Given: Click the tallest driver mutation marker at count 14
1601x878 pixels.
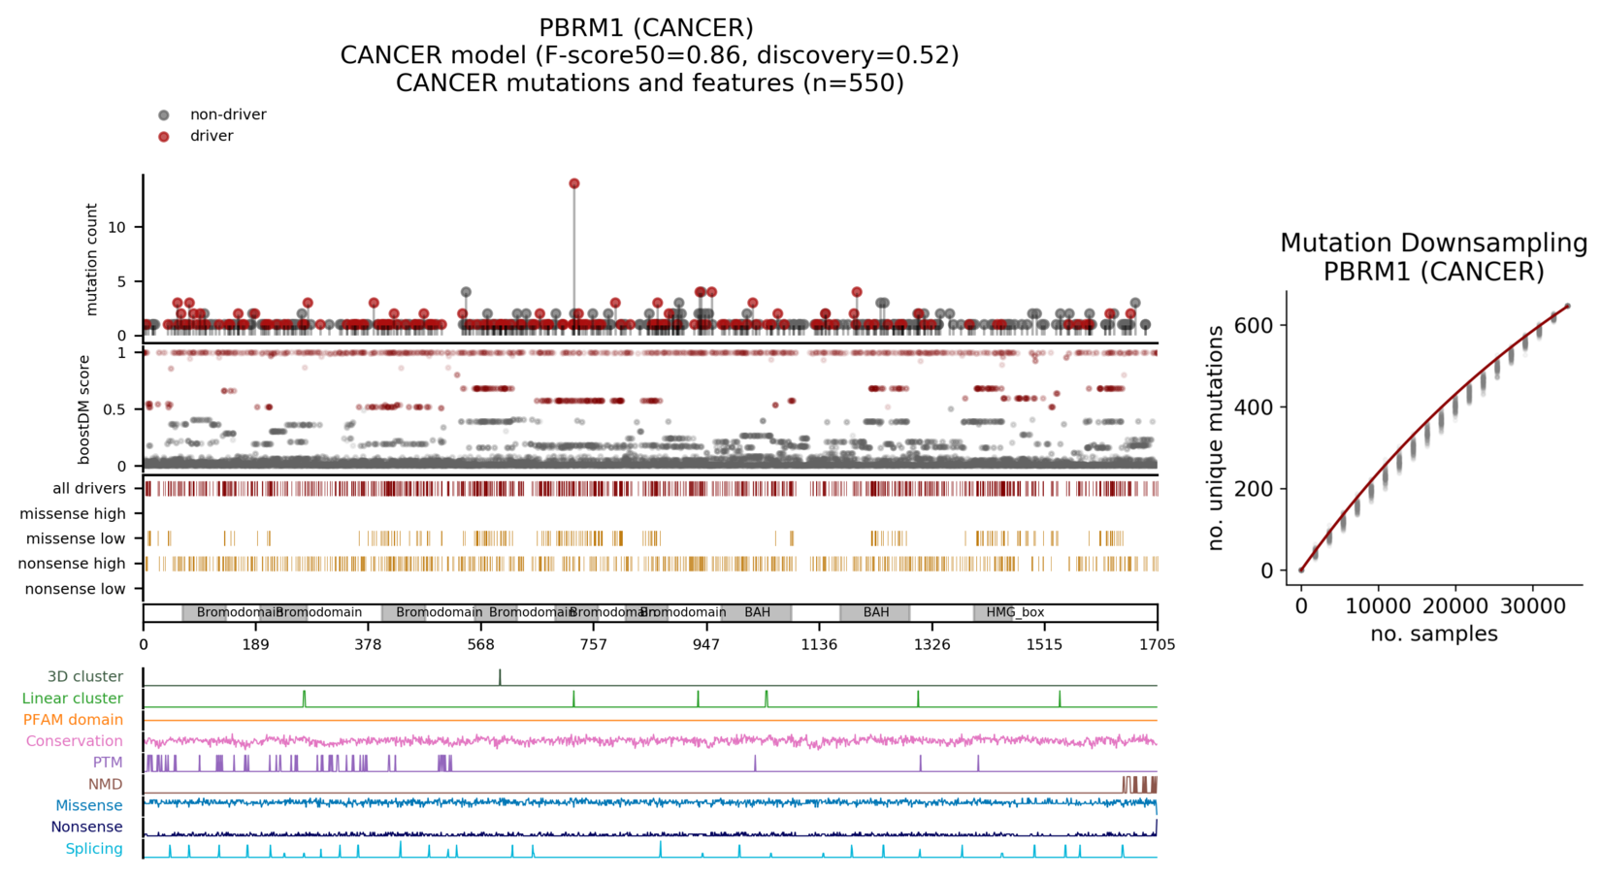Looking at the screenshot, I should [x=574, y=183].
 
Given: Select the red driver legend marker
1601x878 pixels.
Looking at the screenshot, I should [x=164, y=137].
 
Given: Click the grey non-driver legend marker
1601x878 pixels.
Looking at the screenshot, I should [x=164, y=115].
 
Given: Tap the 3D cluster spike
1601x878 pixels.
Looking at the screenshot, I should [x=500, y=676].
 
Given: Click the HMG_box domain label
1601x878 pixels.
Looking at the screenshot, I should [x=1015, y=612].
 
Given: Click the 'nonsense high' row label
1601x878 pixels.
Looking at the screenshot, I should [x=72, y=564].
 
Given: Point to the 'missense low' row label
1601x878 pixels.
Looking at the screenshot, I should [x=76, y=538].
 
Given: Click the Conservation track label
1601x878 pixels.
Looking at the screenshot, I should [x=74, y=741].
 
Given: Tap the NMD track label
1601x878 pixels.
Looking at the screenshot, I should [x=105, y=784].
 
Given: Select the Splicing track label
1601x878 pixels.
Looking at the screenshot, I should [x=94, y=849].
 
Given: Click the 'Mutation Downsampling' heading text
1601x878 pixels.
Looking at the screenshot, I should [x=1433, y=243].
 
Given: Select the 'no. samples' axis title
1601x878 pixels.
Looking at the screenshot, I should [x=1433, y=634].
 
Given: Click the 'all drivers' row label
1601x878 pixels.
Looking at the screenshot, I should [x=89, y=488].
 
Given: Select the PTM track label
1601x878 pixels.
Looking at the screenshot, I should [x=108, y=763].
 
